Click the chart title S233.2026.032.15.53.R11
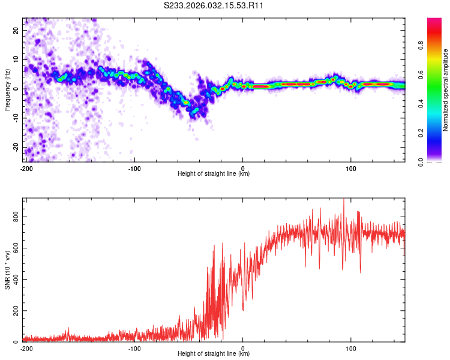click(x=214, y=5)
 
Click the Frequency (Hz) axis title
click(x=7, y=89)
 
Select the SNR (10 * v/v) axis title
click(x=7, y=270)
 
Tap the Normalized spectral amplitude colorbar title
click(x=445, y=90)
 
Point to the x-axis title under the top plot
click(x=214, y=174)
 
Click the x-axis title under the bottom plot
click(x=214, y=354)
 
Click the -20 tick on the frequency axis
click(x=17, y=148)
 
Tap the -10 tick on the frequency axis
click(x=17, y=118)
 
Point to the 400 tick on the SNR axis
click(x=17, y=279)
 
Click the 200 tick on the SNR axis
click(x=17, y=311)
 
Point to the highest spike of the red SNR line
click(x=344, y=200)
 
